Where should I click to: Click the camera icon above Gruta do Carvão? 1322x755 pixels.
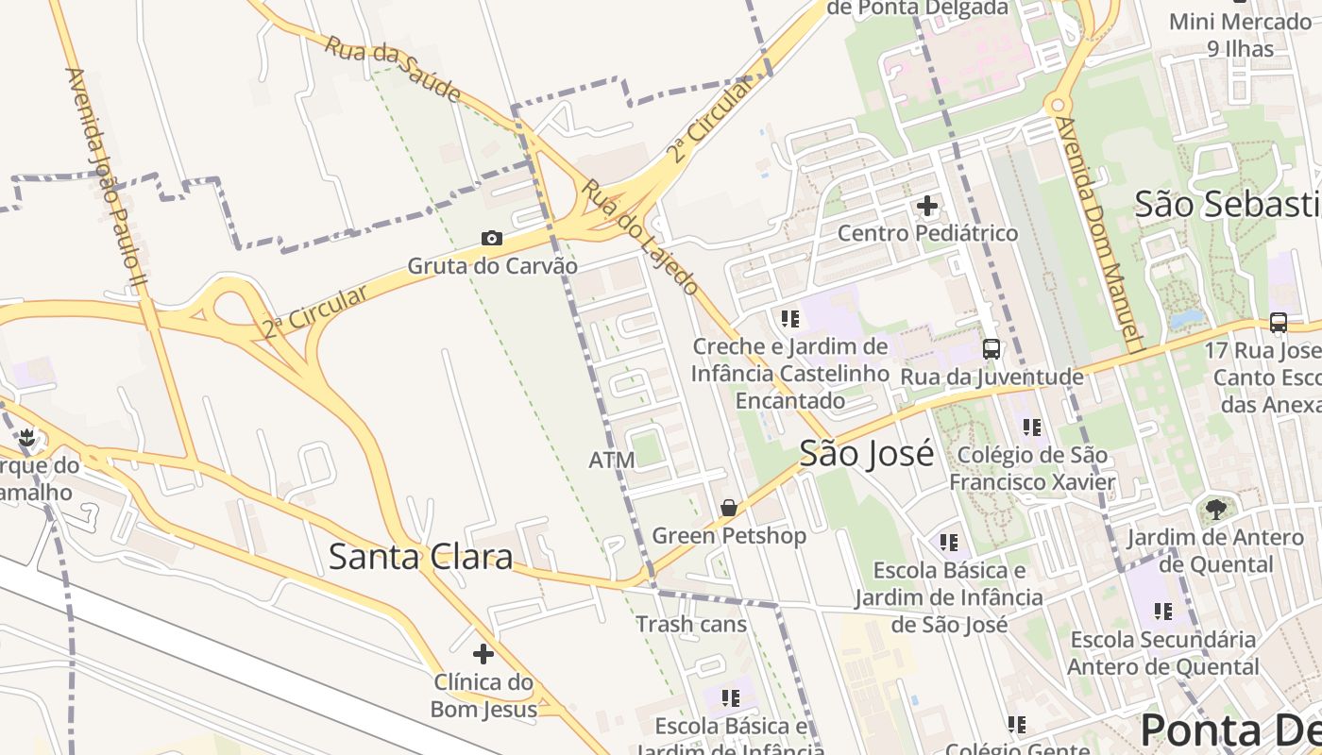(492, 239)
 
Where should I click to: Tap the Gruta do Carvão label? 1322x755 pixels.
(492, 266)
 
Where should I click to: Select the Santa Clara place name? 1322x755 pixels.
(420, 557)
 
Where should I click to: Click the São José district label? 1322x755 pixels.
(866, 454)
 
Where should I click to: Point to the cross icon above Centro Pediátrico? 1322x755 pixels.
(927, 205)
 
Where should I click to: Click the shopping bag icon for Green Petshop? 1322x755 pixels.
(729, 508)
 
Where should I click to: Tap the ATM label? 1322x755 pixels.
(612, 461)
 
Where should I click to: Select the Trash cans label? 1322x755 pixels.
(690, 624)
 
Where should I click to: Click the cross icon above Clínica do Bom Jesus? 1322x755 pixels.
(483, 653)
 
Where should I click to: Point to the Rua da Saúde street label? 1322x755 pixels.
(393, 69)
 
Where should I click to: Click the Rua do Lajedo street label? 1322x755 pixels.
(639, 236)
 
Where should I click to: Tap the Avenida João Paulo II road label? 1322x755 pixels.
(106, 176)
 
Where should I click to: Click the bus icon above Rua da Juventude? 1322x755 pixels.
(991, 348)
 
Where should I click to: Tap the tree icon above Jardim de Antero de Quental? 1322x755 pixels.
(1216, 510)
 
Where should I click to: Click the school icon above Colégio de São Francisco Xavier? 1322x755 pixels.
(1031, 428)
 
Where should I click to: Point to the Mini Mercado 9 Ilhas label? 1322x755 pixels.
(1239, 35)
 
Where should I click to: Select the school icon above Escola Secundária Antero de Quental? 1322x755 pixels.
(1162, 612)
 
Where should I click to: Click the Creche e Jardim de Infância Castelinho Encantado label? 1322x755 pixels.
(790, 374)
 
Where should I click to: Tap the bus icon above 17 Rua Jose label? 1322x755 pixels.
(1279, 323)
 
